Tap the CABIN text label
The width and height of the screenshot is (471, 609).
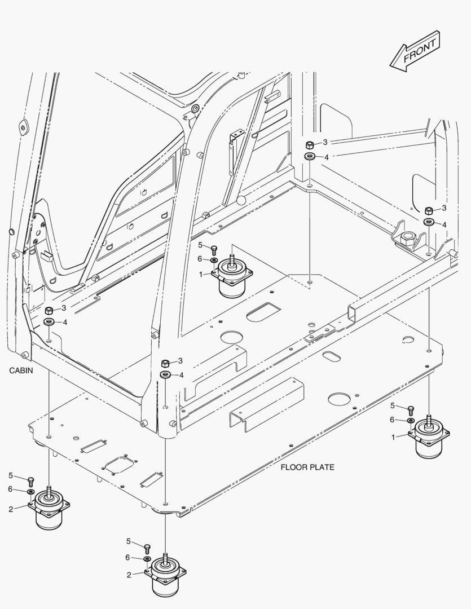(x=21, y=370)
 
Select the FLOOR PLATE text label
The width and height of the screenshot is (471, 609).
(x=307, y=467)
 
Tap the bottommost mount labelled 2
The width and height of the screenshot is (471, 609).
(x=165, y=575)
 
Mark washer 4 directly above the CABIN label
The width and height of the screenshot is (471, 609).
(x=49, y=323)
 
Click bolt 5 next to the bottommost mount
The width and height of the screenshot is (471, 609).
(x=147, y=547)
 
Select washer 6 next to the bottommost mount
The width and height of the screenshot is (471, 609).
(x=147, y=559)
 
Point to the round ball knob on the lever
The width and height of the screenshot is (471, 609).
(x=241, y=200)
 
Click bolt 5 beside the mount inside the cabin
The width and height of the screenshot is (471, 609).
(x=214, y=249)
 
